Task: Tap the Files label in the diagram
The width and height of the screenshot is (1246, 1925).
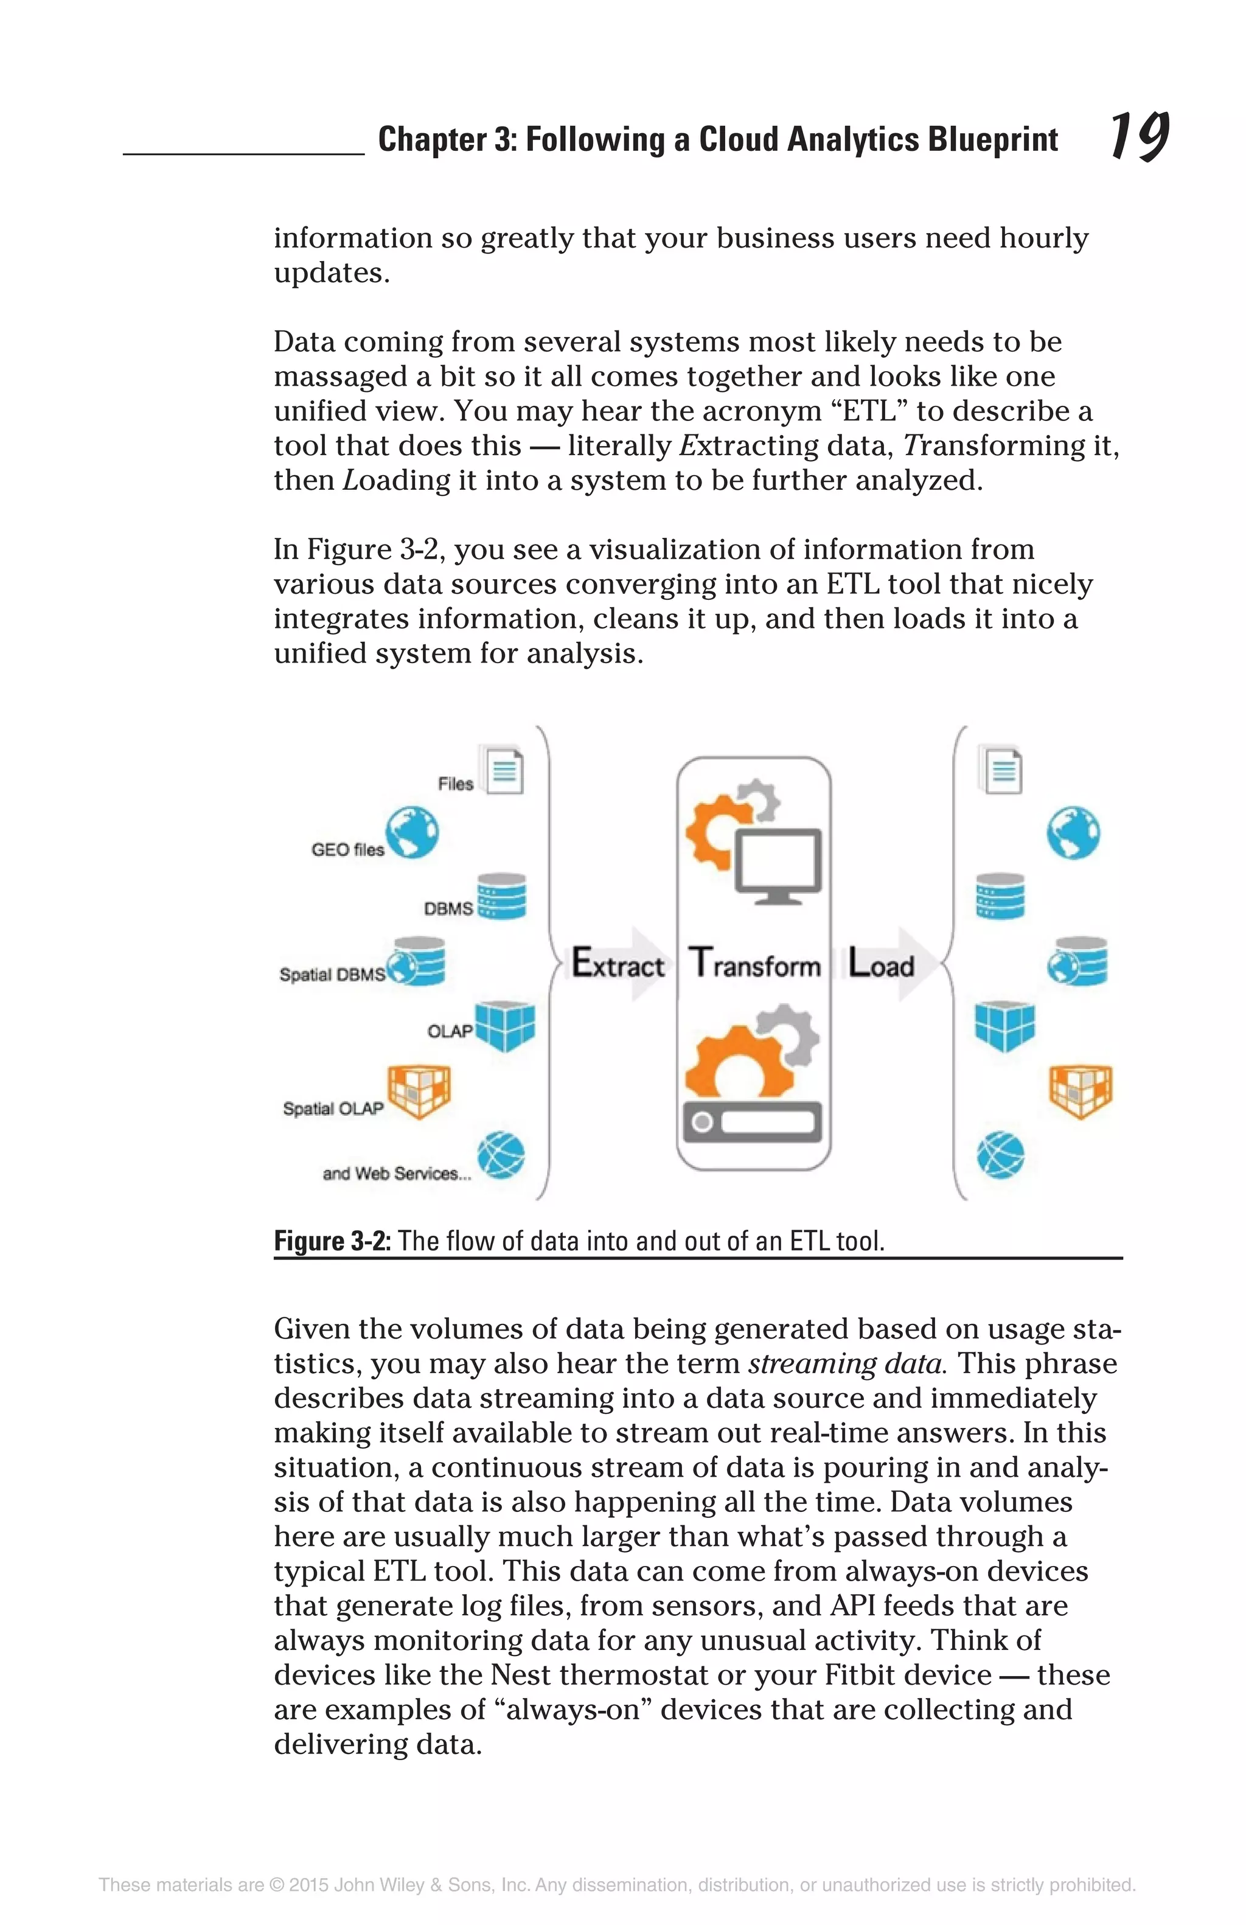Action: point(455,784)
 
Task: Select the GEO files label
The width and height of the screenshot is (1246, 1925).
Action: point(347,849)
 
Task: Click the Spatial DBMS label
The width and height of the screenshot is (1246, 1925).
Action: point(332,975)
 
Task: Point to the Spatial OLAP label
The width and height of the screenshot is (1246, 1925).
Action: point(333,1108)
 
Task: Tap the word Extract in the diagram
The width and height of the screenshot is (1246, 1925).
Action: point(618,964)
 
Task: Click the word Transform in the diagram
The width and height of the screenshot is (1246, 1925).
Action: point(754,964)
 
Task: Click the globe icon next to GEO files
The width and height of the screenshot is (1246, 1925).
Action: point(412,832)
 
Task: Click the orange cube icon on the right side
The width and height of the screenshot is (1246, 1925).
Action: point(1081,1090)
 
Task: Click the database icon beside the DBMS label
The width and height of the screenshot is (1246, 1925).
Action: point(501,896)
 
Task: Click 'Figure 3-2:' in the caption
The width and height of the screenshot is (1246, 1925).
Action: point(332,1240)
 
